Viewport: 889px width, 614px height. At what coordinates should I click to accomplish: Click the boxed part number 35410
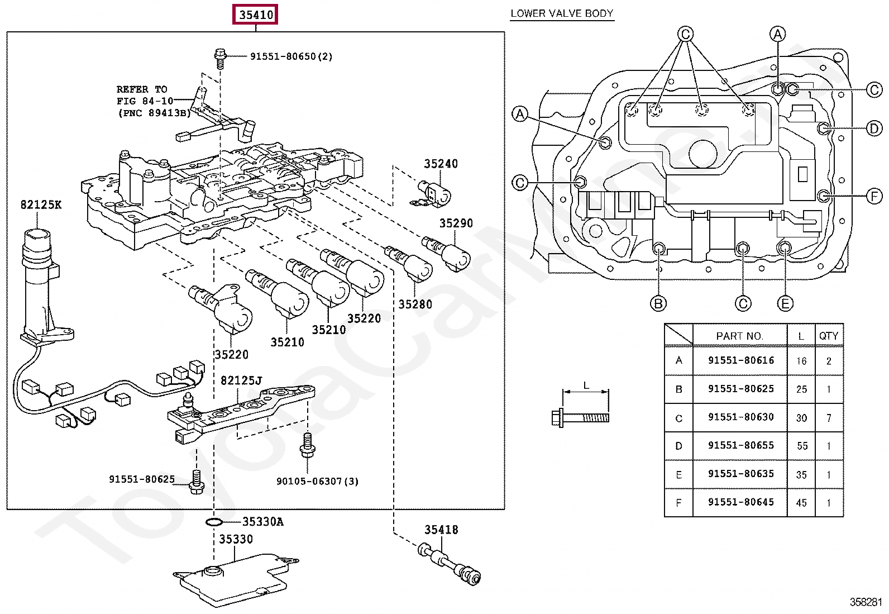pos(256,15)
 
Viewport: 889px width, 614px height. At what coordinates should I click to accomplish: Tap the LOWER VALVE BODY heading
pos(562,13)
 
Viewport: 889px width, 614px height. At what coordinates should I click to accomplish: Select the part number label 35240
pos(441,164)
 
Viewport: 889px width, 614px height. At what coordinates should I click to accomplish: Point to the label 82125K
pos(41,204)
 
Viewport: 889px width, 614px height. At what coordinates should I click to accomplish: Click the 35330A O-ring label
pos(262,521)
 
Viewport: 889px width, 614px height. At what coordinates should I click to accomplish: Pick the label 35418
pos(441,530)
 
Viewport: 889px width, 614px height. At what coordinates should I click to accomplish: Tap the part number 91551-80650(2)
pos(291,56)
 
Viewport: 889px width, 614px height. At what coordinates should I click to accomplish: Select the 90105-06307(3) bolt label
pos(318,482)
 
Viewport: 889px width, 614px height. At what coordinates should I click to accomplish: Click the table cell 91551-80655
pos(741,445)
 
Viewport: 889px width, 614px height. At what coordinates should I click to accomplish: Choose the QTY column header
pos(829,336)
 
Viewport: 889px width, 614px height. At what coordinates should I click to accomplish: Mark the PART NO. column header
pos(740,336)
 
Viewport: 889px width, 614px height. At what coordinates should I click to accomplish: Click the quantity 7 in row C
pos(829,418)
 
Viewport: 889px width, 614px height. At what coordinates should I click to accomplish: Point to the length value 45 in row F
pos(801,503)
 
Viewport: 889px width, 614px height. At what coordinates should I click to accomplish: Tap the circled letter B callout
pos(658,304)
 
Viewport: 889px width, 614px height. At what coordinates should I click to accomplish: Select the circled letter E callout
pos(785,304)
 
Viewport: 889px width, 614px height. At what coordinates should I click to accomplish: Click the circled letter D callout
pos(874,128)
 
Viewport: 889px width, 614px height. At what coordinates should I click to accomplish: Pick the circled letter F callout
pos(874,196)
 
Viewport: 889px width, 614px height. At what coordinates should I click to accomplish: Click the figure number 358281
pos(866,602)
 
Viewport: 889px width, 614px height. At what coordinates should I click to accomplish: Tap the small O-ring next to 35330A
pos(214,522)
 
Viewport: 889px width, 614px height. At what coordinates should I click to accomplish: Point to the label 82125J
pos(241,380)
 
